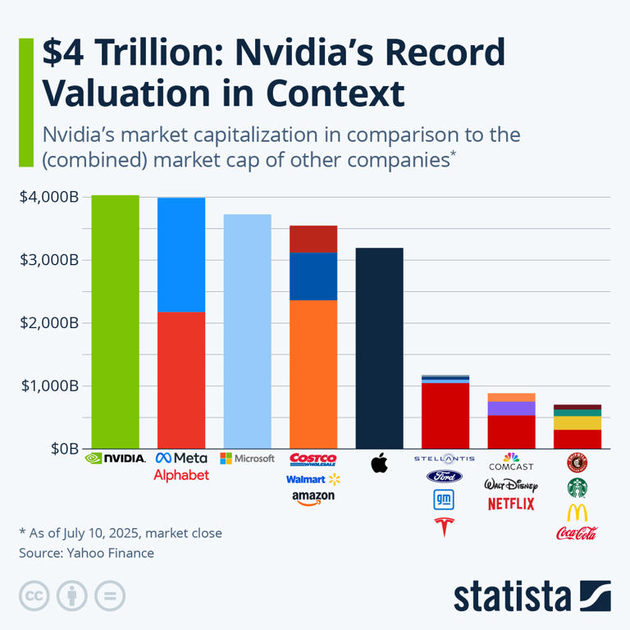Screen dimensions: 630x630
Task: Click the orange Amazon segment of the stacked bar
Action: (x=313, y=374)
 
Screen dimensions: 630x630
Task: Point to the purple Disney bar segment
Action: (x=511, y=408)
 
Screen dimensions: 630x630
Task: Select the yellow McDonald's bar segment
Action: (x=577, y=422)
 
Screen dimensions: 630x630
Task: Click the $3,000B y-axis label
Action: (x=48, y=260)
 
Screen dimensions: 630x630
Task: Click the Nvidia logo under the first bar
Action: (x=115, y=458)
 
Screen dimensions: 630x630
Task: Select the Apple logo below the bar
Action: (x=379, y=463)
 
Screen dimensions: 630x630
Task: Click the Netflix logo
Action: (x=511, y=504)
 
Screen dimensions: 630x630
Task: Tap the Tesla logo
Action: (x=445, y=526)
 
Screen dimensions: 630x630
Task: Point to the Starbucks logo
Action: (x=577, y=488)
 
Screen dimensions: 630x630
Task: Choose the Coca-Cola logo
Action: (x=577, y=533)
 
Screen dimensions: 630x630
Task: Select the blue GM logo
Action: (x=445, y=499)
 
